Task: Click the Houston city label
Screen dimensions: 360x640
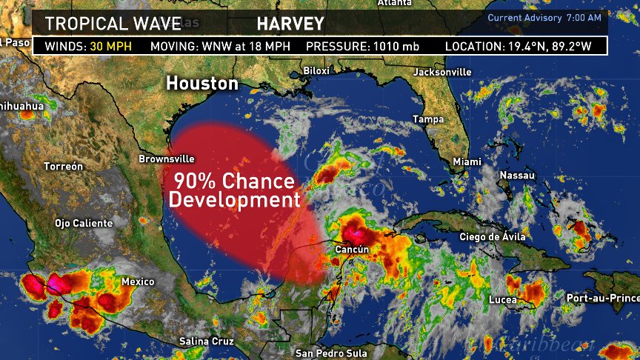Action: [202, 83]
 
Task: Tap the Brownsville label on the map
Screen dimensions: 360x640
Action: [167, 159]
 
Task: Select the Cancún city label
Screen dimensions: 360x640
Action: [351, 250]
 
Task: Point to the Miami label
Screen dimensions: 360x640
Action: [467, 161]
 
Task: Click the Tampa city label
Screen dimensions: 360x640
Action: [428, 119]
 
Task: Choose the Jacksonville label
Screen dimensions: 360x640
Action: [442, 72]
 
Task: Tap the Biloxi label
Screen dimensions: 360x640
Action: [317, 71]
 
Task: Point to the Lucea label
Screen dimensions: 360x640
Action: [503, 300]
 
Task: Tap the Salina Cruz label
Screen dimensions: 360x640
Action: [207, 341]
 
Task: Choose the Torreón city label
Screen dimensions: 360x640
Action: [64, 167]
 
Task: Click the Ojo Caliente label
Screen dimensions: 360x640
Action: [84, 223]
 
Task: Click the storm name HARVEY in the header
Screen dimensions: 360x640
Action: [290, 24]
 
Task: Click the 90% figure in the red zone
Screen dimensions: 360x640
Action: [193, 180]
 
